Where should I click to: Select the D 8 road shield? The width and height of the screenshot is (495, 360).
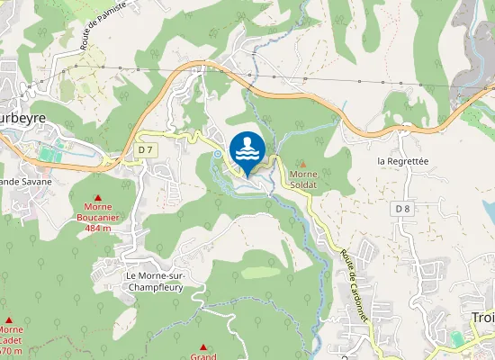click(x=401, y=208)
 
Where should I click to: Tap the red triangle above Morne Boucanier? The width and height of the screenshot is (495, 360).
click(x=99, y=197)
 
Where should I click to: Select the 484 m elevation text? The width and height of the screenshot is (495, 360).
click(x=99, y=228)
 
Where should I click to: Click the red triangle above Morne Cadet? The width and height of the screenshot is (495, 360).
click(x=10, y=319)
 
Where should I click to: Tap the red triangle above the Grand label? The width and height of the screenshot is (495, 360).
click(x=203, y=347)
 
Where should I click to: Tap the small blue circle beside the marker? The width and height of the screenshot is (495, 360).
click(x=216, y=154)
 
